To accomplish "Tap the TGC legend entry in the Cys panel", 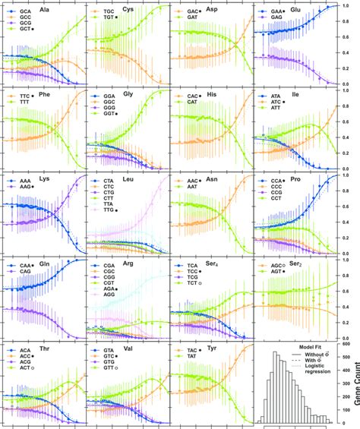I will pyautogui.click(x=109, y=12).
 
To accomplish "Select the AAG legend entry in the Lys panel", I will pyautogui.click(x=26, y=188).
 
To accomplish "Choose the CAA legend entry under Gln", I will pyautogui.click(x=26, y=265).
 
